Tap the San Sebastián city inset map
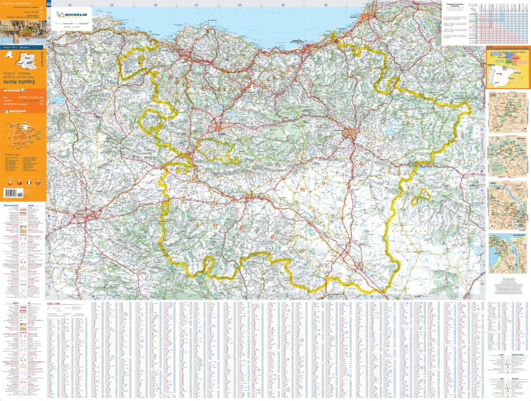[x=507, y=253]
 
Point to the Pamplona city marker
[x=352, y=133]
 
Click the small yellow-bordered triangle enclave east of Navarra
[x=421, y=196]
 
